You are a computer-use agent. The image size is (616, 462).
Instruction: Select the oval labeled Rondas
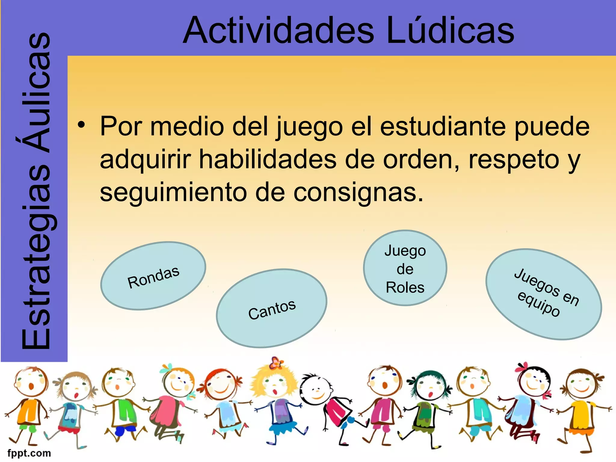tap(153, 276)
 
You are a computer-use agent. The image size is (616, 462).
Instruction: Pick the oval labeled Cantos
tap(272, 309)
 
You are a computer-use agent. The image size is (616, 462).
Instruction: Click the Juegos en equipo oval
tap(543, 294)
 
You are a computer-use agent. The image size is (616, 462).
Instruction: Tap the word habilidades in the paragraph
tap(268, 159)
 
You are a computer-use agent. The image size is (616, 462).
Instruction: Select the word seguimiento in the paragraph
tap(173, 192)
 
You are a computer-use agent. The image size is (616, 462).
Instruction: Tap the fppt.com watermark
tap(29, 453)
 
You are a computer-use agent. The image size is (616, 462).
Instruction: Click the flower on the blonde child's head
tap(276, 363)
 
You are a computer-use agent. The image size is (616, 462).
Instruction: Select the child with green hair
tap(427, 406)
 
